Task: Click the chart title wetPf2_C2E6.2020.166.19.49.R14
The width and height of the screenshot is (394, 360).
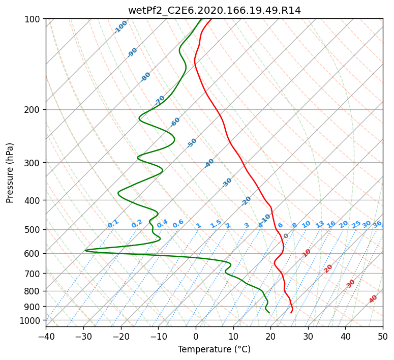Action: click(x=215, y=11)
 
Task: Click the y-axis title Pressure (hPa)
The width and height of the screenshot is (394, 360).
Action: click(x=10, y=173)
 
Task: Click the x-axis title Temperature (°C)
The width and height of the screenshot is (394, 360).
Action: click(x=215, y=349)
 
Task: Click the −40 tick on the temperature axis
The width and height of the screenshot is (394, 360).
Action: click(x=46, y=336)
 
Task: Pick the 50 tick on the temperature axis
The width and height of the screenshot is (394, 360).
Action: click(x=383, y=336)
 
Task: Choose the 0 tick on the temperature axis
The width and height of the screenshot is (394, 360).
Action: click(x=196, y=336)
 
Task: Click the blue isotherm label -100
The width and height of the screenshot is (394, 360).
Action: click(x=120, y=27)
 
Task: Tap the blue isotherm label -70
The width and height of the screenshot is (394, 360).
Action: click(x=160, y=100)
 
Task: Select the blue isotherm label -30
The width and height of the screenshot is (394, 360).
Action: click(x=227, y=183)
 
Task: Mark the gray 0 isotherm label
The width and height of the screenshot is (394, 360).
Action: click(x=286, y=236)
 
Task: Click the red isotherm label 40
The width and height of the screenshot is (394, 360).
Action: click(x=373, y=299)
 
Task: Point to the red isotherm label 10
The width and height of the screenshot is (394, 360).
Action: click(x=307, y=253)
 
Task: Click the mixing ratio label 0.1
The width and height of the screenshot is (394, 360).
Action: click(x=113, y=224)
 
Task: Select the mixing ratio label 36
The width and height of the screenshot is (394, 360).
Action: click(x=377, y=224)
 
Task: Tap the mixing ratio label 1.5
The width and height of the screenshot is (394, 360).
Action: click(x=216, y=224)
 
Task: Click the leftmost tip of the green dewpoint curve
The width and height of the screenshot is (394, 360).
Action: click(x=85, y=250)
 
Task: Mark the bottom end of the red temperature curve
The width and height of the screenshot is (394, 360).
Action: click(x=291, y=313)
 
